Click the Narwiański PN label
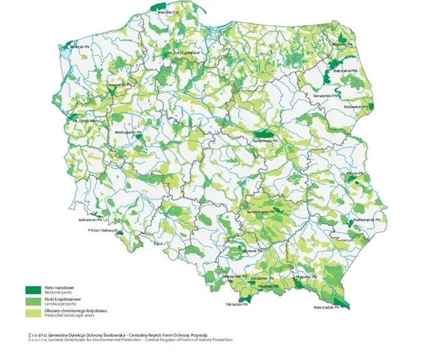point(327,95)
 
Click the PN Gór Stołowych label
point(102,230)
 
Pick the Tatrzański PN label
point(241,304)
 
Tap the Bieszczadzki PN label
point(326,308)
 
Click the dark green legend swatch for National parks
point(32,290)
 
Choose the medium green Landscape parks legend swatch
point(32,302)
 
